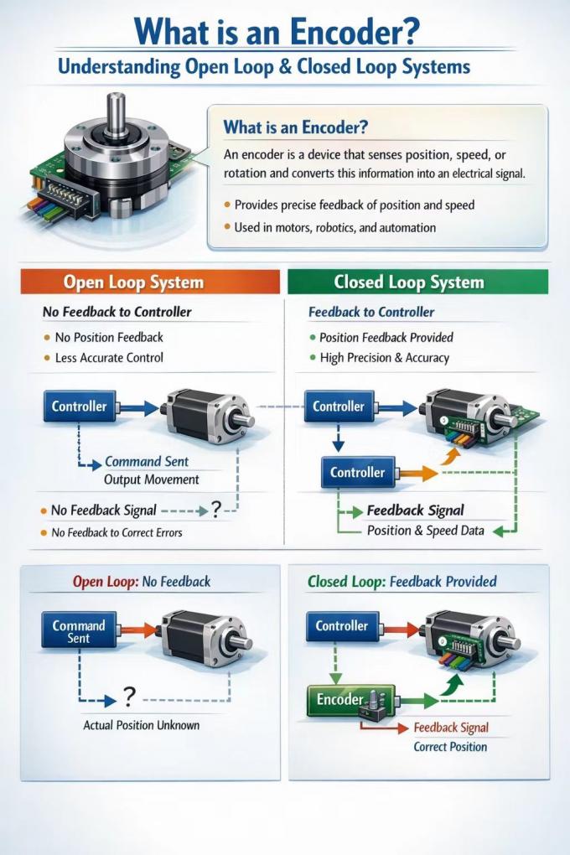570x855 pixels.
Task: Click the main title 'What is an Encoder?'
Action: coord(277,31)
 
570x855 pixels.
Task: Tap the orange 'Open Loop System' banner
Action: coord(150,282)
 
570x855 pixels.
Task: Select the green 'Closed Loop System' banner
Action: coord(417,282)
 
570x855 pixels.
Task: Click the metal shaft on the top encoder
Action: coord(117,115)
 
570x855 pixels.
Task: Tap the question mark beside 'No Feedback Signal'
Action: coord(216,510)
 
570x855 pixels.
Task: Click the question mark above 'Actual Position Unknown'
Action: coord(129,697)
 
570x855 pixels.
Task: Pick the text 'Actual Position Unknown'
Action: coord(142,725)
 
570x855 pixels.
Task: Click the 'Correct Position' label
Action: coord(450,747)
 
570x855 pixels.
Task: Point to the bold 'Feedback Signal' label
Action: coord(415,510)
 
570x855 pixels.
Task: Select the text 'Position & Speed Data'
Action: coord(426,531)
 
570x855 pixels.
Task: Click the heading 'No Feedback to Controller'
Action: coord(117,312)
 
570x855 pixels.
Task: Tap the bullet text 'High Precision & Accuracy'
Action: coord(384,358)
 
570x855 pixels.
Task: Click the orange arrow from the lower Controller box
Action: coord(417,473)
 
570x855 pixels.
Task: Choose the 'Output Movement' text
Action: coord(151,479)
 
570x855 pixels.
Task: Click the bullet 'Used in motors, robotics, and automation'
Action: coord(335,227)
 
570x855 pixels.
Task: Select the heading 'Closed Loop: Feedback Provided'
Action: coord(402,582)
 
